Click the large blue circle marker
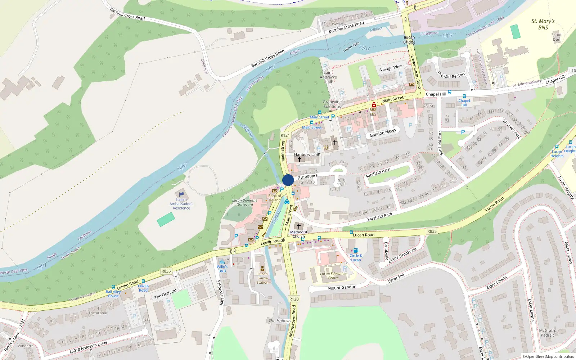(x=288, y=180)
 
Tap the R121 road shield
(x=285, y=135)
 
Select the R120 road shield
(x=294, y=299)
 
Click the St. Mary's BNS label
(x=543, y=24)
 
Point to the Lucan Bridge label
(x=409, y=40)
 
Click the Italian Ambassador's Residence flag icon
(x=181, y=194)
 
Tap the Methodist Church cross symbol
(x=298, y=226)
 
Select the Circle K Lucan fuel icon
(x=356, y=250)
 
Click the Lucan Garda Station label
(x=262, y=278)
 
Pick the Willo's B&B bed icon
(x=222, y=262)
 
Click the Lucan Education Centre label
(x=333, y=276)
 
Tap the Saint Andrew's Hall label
(x=328, y=77)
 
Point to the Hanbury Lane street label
(x=307, y=154)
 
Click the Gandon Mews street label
(x=383, y=133)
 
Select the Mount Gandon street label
(x=342, y=287)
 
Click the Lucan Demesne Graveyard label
(x=245, y=202)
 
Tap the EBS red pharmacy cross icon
(x=374, y=105)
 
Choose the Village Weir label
(x=391, y=68)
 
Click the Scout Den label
(x=557, y=37)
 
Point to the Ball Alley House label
(x=113, y=294)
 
